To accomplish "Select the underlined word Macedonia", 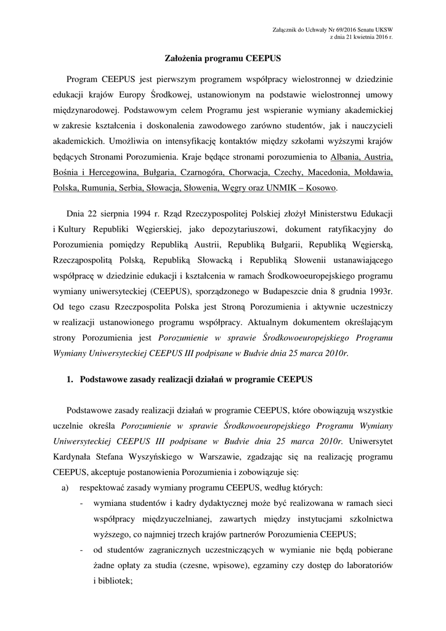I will [x=341, y=171].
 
